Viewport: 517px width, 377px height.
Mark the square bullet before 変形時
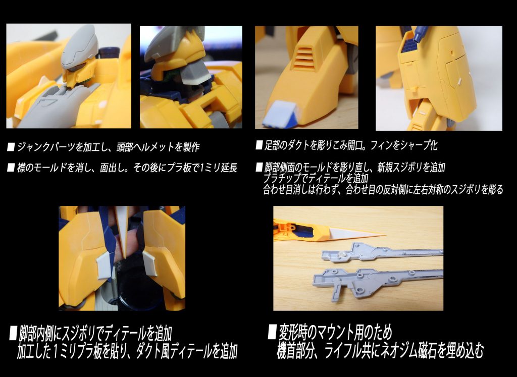[x=272, y=333]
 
